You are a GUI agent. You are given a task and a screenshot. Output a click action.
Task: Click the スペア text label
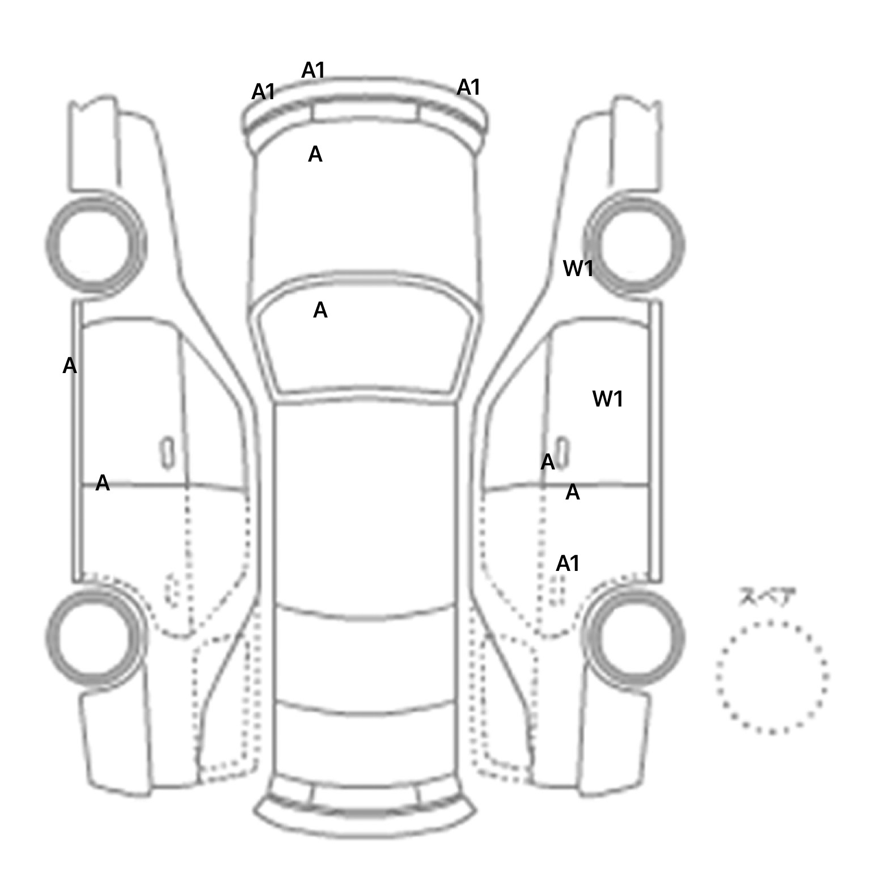[767, 597]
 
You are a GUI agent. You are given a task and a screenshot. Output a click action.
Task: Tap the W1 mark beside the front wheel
[578, 268]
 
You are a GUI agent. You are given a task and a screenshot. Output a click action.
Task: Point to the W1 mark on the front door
[607, 399]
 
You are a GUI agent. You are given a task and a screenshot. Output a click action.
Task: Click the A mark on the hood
[315, 154]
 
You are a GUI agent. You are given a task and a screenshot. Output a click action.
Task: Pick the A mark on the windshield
[320, 310]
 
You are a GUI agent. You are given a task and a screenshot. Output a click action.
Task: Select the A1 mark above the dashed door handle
[568, 564]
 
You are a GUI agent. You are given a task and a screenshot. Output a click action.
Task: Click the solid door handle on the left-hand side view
[168, 453]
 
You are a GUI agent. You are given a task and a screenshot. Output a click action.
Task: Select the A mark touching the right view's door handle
[548, 463]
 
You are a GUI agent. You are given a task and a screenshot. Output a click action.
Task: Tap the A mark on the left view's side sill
[69, 366]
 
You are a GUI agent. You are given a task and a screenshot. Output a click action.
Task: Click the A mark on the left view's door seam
[103, 483]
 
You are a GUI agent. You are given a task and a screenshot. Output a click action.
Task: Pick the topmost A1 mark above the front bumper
[313, 70]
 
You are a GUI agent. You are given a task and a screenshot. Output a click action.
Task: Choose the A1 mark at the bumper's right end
[468, 87]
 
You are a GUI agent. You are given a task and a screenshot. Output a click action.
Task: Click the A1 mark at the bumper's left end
[263, 91]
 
